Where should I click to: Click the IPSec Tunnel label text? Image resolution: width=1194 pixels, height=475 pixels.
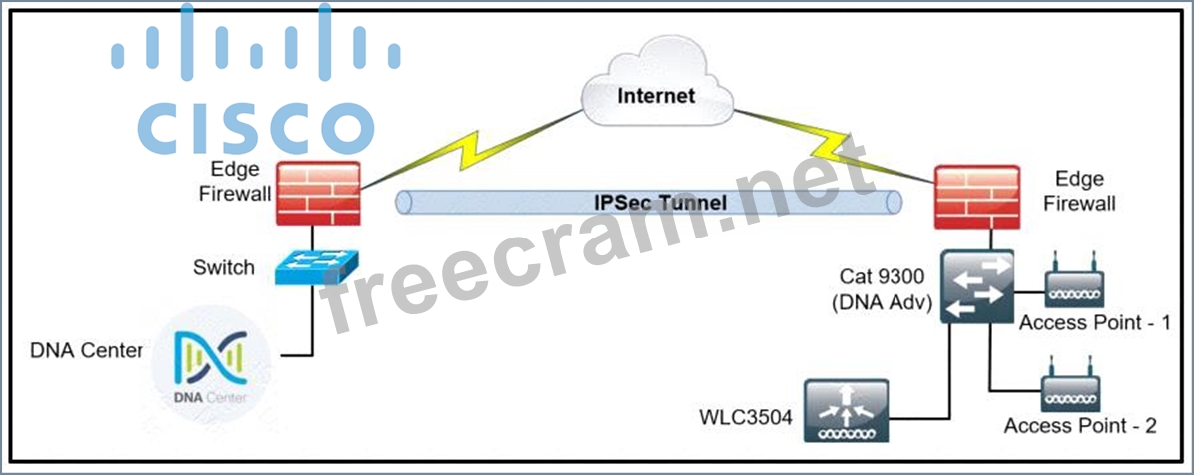[x=654, y=201]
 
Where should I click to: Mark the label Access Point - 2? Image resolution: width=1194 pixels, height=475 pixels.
[x=1080, y=426]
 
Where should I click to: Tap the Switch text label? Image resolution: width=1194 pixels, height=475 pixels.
[x=224, y=268]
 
